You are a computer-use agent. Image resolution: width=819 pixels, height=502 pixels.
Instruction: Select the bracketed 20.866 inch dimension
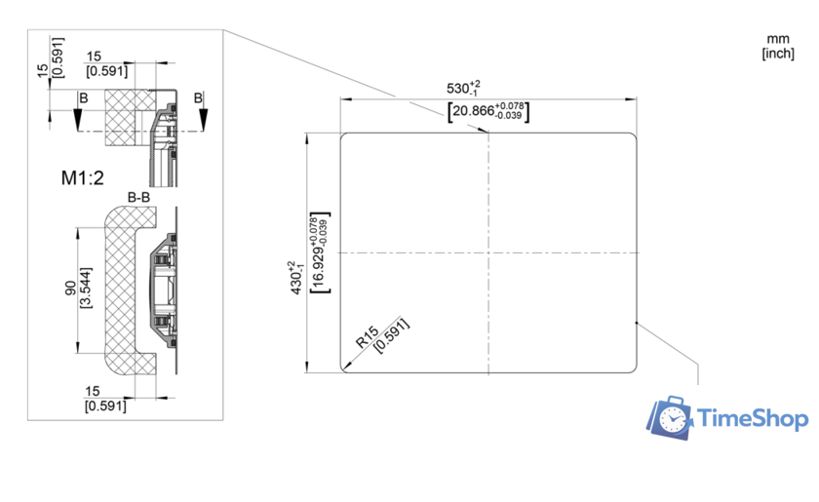(488, 111)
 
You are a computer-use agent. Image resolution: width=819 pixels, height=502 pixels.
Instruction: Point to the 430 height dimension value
(295, 278)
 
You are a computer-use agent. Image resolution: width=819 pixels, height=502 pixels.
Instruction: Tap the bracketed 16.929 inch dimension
(320, 252)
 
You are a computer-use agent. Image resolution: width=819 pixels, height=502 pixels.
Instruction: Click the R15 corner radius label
(367, 337)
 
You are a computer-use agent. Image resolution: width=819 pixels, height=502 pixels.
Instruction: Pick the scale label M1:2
(83, 178)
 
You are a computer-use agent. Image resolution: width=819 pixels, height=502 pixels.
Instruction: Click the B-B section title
(138, 197)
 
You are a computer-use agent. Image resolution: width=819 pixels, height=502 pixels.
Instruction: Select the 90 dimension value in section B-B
(70, 288)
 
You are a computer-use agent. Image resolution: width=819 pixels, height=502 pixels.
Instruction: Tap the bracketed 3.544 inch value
(86, 288)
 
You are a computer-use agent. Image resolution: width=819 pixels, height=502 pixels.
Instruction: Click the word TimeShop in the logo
(753, 418)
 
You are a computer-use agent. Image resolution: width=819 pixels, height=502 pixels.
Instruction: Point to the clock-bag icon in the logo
(670, 417)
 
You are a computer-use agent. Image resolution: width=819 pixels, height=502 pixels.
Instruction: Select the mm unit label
(778, 39)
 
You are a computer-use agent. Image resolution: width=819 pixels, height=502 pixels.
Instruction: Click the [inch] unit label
(778, 54)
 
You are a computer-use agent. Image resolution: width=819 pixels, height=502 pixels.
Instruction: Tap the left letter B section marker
(84, 98)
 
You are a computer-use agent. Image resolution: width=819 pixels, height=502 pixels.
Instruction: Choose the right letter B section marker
(198, 97)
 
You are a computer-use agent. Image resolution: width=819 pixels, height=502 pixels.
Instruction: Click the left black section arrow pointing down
(78, 120)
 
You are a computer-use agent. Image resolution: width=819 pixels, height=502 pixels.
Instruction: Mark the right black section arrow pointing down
(203, 120)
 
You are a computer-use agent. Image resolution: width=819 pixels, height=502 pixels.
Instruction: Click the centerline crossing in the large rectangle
(488, 252)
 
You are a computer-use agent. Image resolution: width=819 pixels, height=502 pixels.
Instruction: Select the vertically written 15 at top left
(43, 70)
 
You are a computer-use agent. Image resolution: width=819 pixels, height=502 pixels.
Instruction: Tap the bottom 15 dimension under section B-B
(93, 391)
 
